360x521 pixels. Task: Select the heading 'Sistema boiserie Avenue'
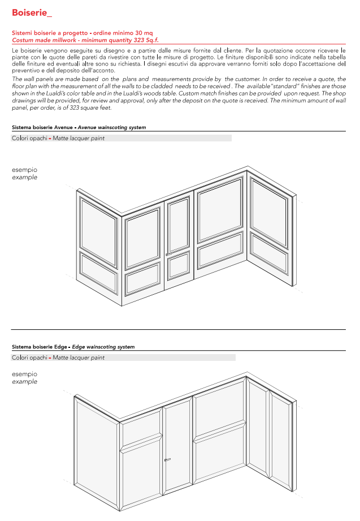[42, 128]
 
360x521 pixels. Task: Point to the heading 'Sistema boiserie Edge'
[40, 347]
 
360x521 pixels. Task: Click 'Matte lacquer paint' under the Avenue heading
[79, 138]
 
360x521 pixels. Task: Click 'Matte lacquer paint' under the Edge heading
[79, 358]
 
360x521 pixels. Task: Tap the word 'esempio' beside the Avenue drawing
[25, 170]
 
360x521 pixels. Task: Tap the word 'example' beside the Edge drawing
[25, 382]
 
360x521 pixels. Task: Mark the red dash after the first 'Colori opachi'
[50, 138]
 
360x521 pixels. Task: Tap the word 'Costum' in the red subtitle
[22, 40]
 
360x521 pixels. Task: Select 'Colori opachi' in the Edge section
[29, 358]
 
